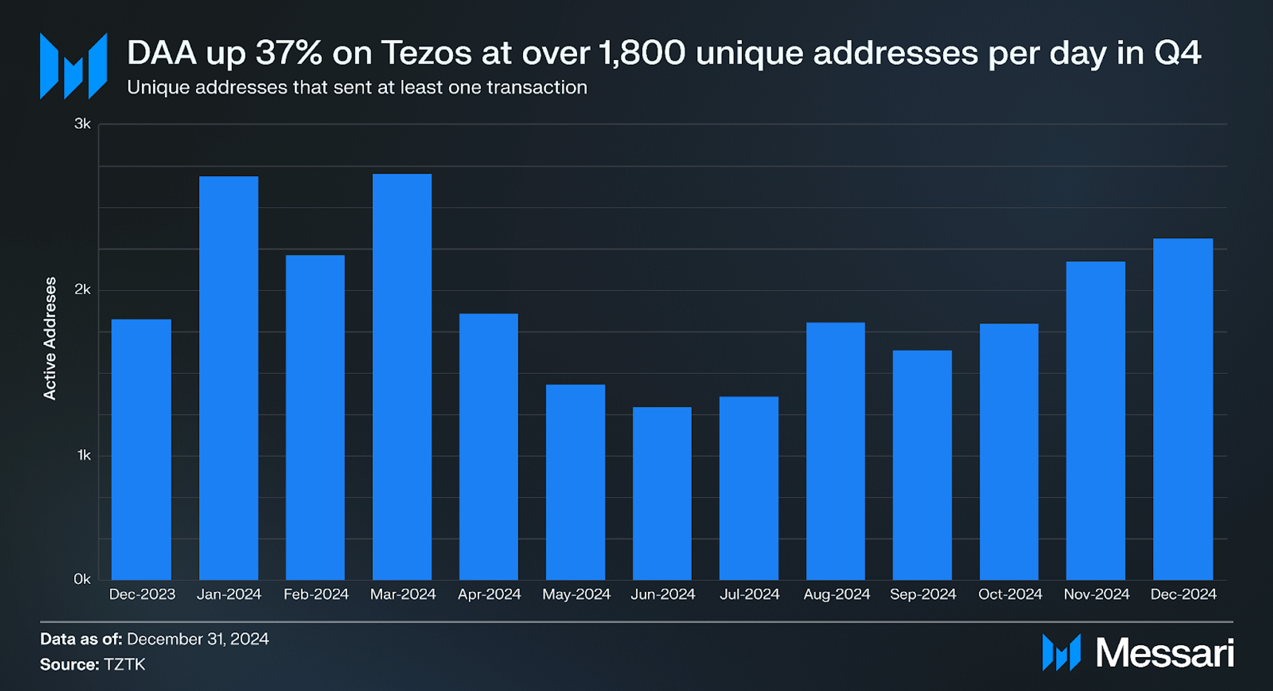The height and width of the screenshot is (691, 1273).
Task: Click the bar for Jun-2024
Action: point(662,493)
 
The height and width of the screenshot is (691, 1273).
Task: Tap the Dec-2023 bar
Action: point(141,449)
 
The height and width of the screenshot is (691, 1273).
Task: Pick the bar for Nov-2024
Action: point(1095,420)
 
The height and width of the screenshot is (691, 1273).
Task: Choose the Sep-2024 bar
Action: point(922,464)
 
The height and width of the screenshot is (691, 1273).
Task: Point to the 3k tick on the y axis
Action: point(82,124)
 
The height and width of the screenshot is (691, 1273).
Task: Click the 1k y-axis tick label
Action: point(84,456)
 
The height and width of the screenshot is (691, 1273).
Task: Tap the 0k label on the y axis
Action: point(82,579)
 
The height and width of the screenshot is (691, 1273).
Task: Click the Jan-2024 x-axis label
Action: point(229,594)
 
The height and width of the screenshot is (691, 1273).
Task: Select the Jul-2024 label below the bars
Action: point(749,594)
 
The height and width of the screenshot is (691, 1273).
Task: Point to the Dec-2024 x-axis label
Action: point(1183,594)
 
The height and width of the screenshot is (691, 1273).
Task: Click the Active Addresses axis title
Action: point(50,338)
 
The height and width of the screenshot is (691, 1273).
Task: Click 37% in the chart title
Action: point(289,53)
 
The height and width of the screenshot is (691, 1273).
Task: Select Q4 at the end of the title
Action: point(1177,53)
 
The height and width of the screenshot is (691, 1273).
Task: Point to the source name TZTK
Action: point(124,664)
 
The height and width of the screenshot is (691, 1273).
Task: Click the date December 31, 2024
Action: point(198,639)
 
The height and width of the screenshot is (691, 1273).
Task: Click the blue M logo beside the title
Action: point(73,67)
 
